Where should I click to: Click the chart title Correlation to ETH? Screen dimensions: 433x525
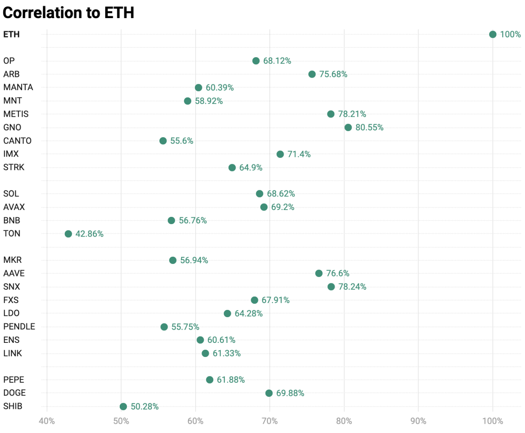coord(68,13)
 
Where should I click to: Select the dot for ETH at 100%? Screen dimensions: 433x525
coord(492,35)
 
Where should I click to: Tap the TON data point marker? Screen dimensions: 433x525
coord(68,234)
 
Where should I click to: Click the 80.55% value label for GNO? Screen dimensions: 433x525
coord(369,128)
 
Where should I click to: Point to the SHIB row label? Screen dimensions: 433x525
coord(13,406)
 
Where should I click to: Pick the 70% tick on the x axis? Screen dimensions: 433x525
coord(270,421)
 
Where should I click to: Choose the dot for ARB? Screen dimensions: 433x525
coord(312,74)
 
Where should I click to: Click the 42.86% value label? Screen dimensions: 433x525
coord(89,234)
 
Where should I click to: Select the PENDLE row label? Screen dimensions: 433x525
coord(19,326)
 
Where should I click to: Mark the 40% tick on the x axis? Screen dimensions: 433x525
coord(47,421)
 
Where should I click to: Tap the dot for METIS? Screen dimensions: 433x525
coord(331,114)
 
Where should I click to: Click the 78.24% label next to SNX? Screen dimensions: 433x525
coord(352,287)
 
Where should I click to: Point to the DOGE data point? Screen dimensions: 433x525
coord(269,393)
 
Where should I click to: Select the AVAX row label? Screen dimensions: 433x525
coord(14,207)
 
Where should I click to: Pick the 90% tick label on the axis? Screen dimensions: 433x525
coord(418,421)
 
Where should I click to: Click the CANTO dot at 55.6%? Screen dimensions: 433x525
coord(163,141)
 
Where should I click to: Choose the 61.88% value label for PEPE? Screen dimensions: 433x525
coord(231,380)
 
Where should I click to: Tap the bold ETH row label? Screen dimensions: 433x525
coord(11,35)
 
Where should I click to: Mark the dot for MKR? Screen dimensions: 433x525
coord(173,260)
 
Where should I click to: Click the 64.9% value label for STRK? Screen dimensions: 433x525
coord(251,167)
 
